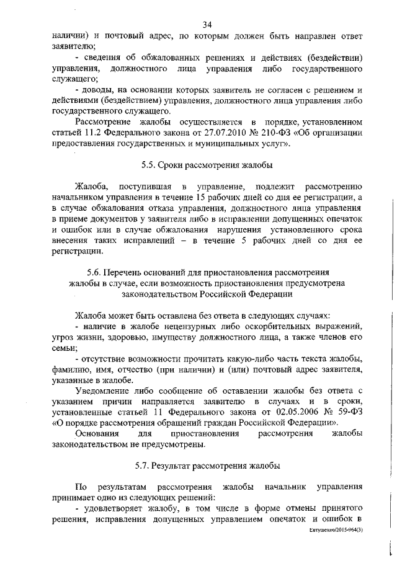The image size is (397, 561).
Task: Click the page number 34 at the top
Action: tap(208, 25)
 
